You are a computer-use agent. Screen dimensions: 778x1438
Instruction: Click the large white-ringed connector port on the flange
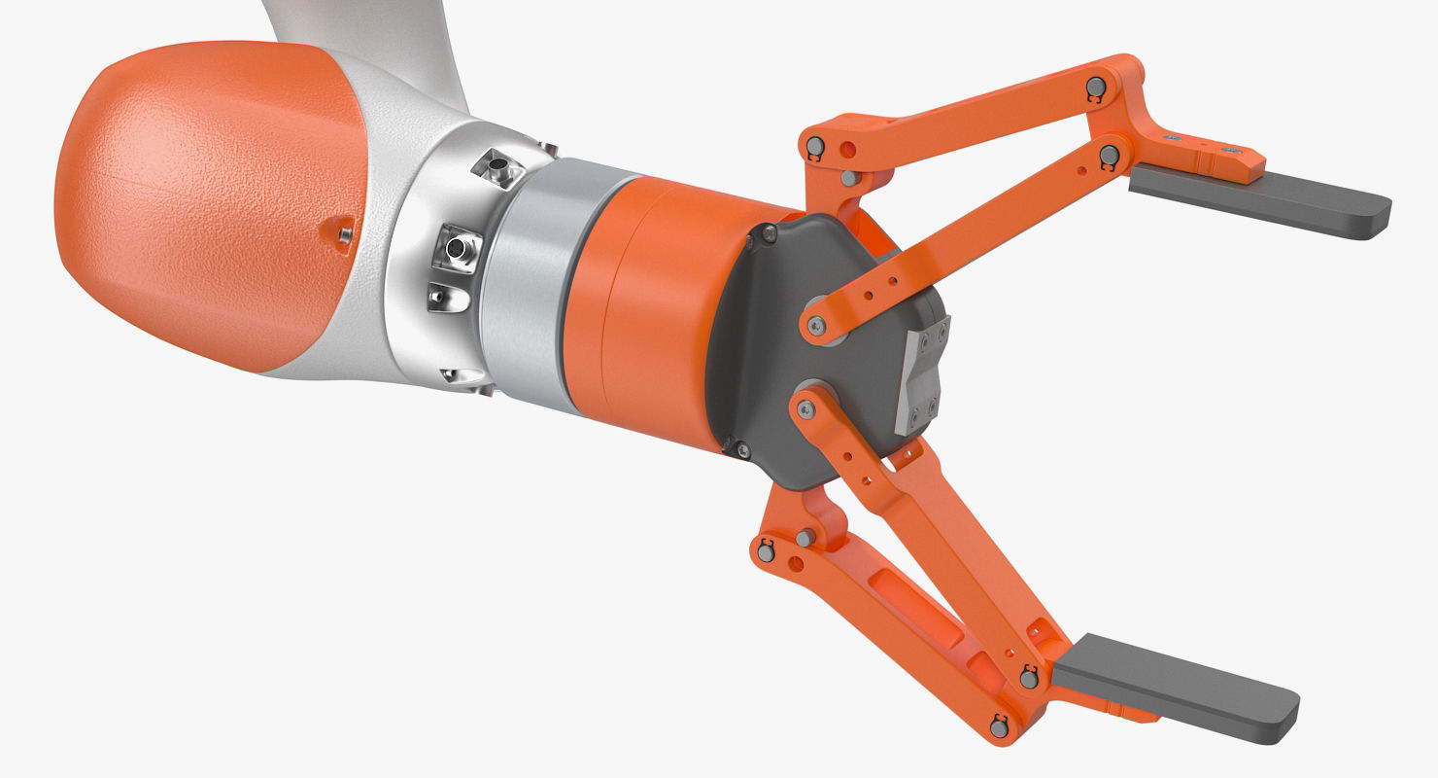coord(456,249)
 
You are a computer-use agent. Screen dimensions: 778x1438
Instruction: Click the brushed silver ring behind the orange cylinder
coord(530,282)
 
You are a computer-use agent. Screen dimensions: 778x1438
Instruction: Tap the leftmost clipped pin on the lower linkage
coord(765,552)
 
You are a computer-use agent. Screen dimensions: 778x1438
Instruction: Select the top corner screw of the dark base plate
coord(770,233)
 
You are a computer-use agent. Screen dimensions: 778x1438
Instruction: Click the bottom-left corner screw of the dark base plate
coord(743,449)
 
